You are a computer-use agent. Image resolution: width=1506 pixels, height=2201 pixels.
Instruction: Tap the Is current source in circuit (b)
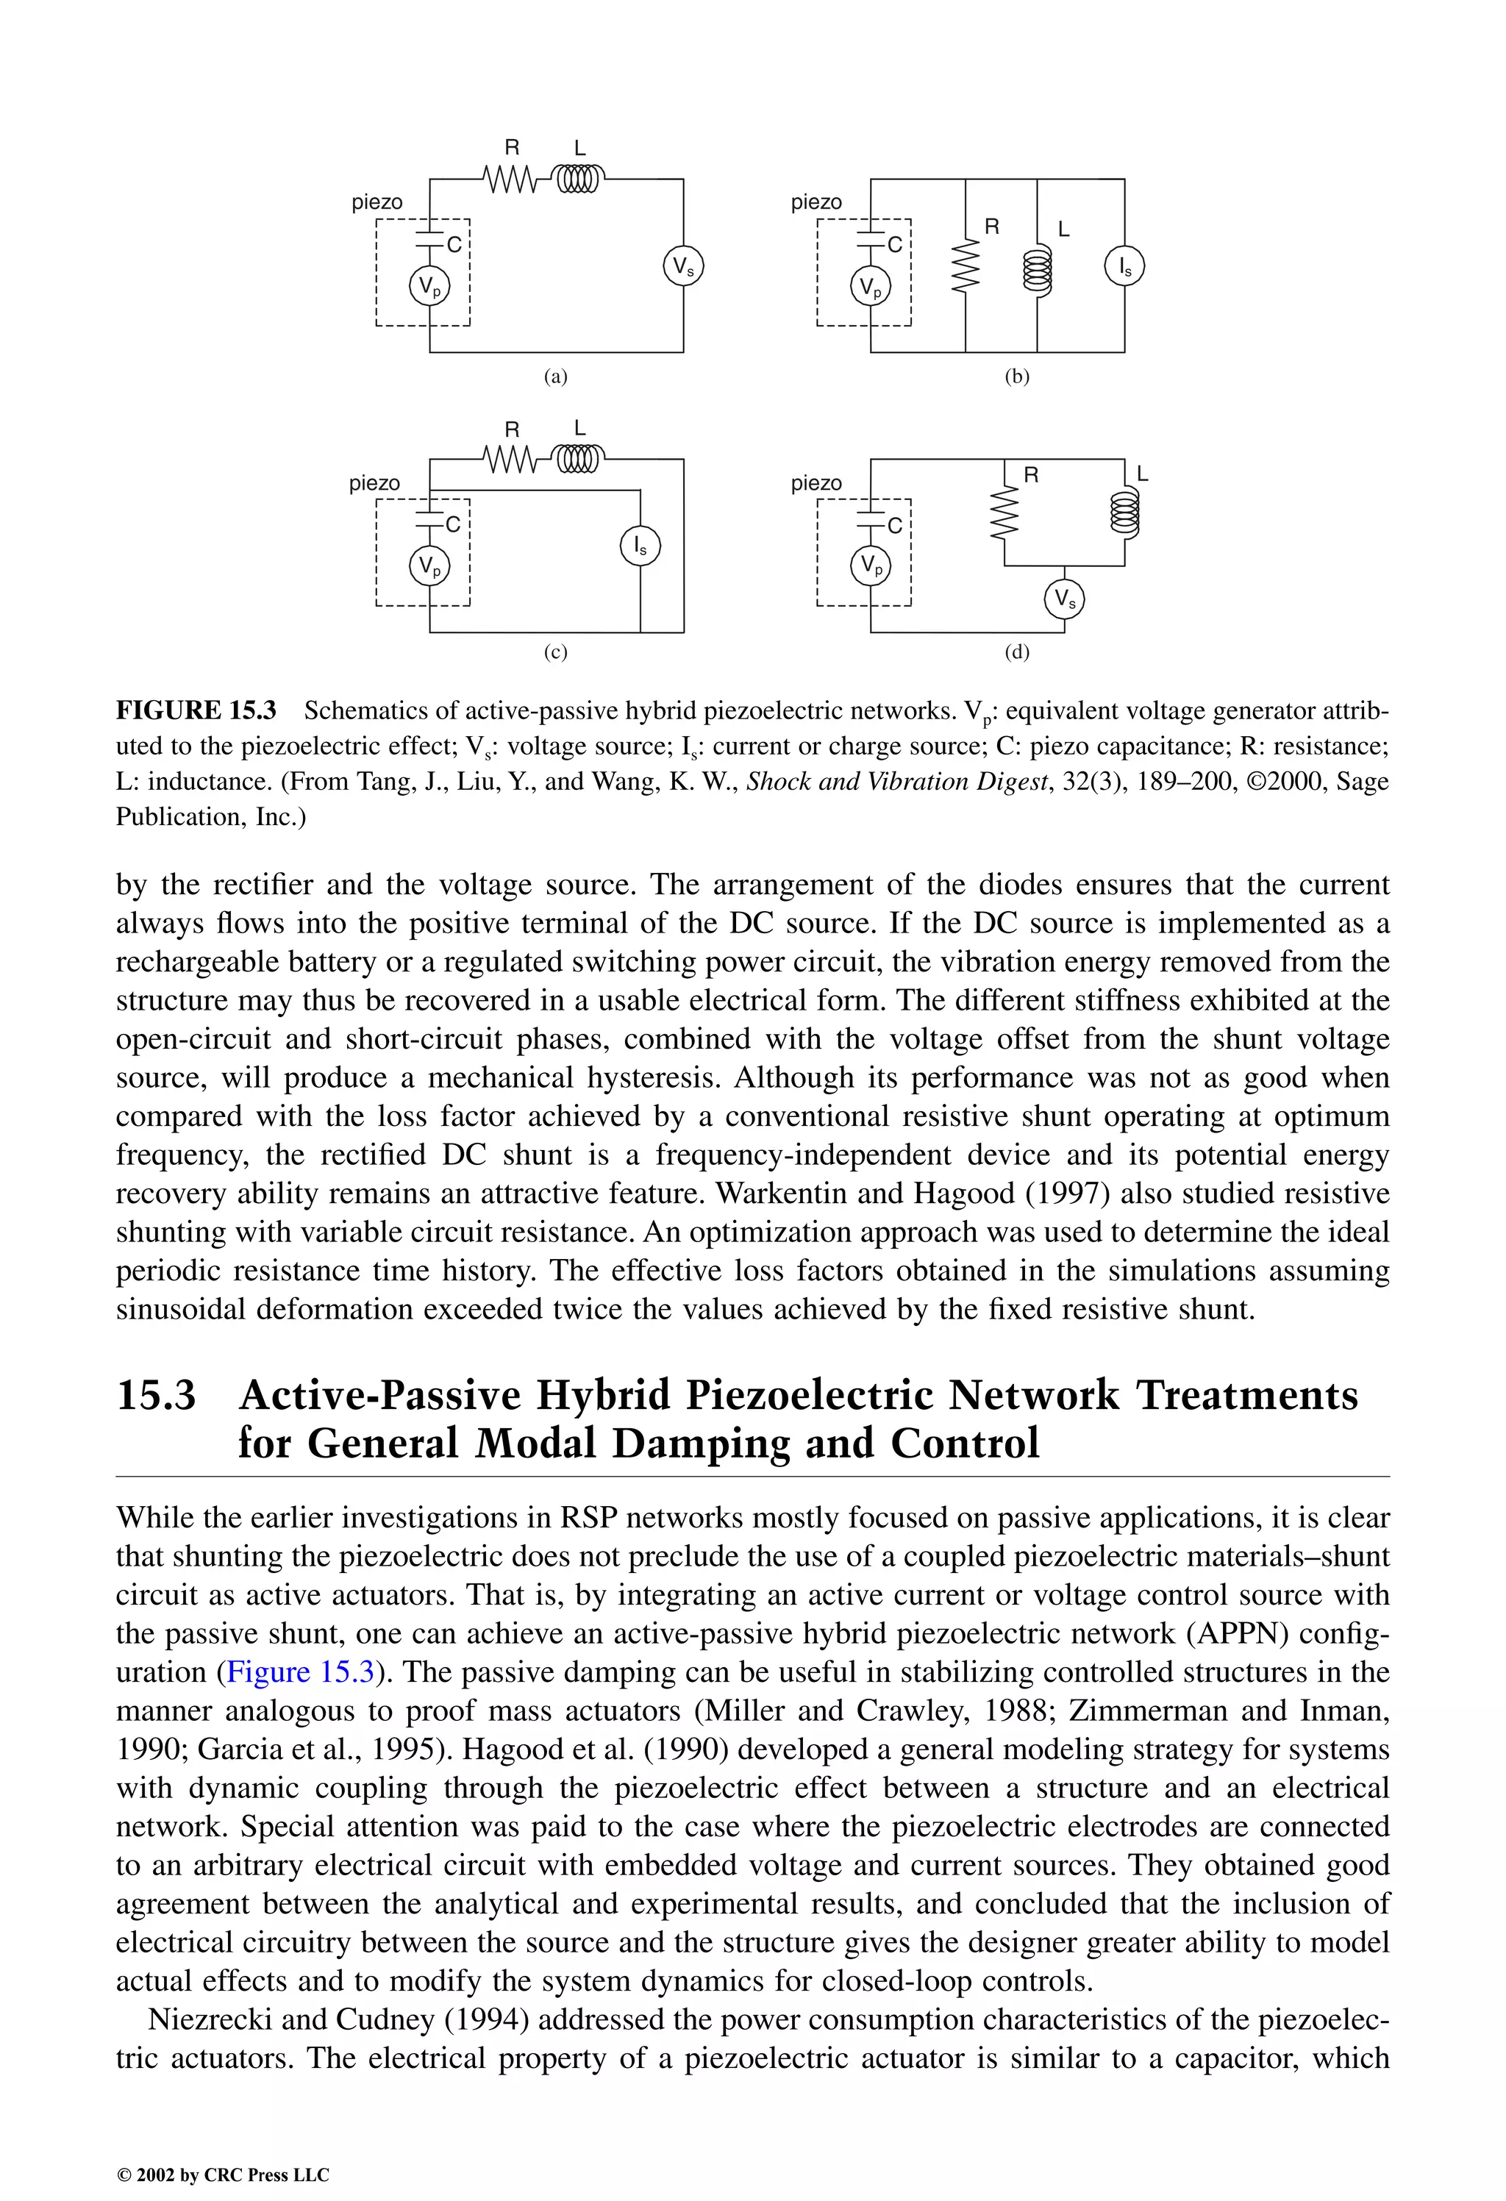(x=1124, y=268)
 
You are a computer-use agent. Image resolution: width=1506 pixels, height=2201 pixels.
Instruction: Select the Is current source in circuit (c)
(x=640, y=546)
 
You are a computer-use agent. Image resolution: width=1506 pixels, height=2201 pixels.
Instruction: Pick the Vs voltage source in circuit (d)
(x=1063, y=599)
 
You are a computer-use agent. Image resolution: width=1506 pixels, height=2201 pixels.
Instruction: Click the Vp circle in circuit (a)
(x=429, y=287)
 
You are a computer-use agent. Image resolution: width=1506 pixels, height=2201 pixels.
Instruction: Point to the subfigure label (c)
(x=555, y=652)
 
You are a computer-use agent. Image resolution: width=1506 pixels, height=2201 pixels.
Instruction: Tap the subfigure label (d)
(x=1016, y=652)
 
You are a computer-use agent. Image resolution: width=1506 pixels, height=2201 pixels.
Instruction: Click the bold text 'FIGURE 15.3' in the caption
(x=196, y=710)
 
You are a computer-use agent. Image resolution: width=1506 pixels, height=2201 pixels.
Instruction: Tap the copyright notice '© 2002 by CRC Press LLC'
(x=223, y=2175)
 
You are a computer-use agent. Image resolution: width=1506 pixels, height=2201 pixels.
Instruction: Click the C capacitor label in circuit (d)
(x=895, y=526)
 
